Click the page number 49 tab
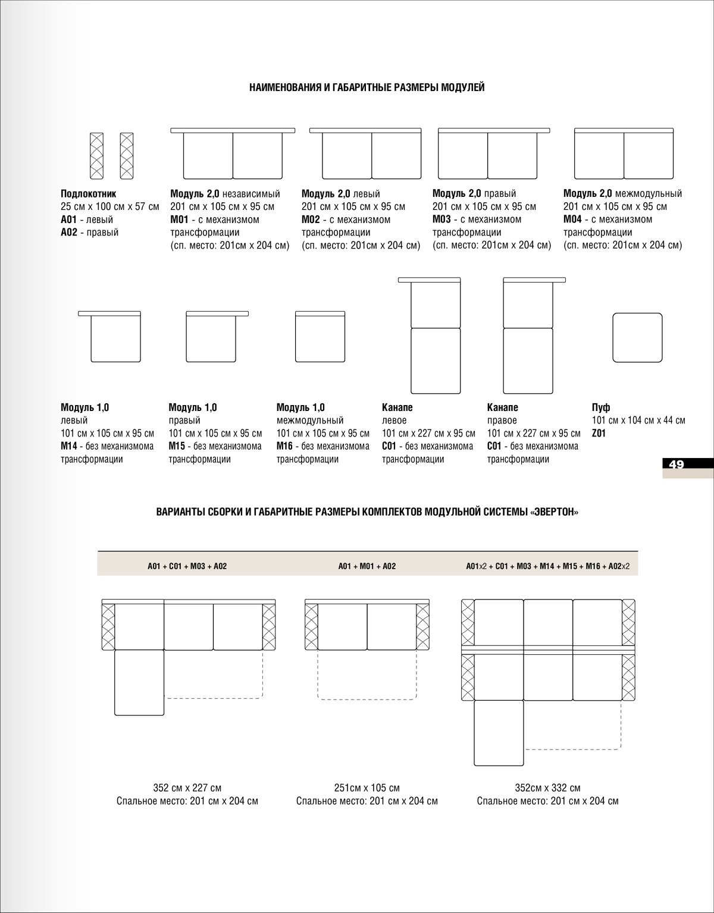coord(676,465)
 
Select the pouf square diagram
coord(637,337)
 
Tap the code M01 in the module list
coord(179,219)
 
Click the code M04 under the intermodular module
coord(572,219)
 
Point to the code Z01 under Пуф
coord(599,434)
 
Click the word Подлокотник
coord(88,194)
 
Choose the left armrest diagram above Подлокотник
coord(96,155)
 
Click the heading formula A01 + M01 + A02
coord(367,566)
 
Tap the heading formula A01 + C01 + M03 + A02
coord(187,566)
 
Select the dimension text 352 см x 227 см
coord(187,788)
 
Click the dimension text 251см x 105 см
coord(367,788)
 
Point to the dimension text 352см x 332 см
coord(547,788)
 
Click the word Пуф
coord(601,407)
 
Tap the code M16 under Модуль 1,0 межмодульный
coord(285,446)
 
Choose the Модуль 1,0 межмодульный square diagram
coord(321,337)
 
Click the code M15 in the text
coord(177,446)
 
